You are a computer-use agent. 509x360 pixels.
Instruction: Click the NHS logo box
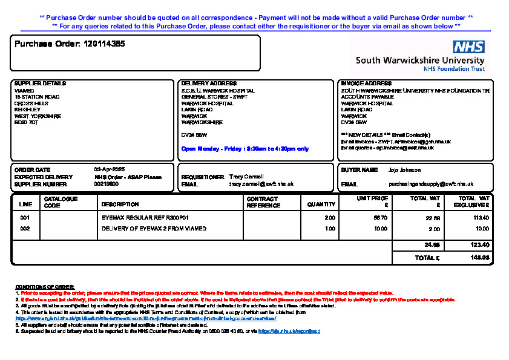coord(468,47)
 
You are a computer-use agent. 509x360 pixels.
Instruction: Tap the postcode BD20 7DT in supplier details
coord(26,122)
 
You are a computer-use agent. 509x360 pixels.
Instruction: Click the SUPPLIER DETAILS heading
coord(40,83)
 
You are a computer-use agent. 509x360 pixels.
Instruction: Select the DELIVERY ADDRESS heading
coord(209,83)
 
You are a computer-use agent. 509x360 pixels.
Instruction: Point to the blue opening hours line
coord(245,148)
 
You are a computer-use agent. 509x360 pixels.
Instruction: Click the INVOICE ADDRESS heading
coord(366,83)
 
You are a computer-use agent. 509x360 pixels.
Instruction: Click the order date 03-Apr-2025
coord(110,169)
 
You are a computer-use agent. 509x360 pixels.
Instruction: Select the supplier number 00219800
coord(107,183)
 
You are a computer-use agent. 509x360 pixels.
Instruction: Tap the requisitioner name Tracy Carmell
coord(246,177)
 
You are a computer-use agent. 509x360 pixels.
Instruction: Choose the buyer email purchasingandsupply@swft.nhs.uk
coord(430,184)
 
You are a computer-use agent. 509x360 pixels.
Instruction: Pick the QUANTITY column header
coord(321,205)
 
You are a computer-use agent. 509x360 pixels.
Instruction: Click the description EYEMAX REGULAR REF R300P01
coord(145,217)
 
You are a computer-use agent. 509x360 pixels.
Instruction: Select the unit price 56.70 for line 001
coord(381,217)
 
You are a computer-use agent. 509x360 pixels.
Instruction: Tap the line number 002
coord(25,229)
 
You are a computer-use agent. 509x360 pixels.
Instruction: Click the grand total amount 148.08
coord(481,258)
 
